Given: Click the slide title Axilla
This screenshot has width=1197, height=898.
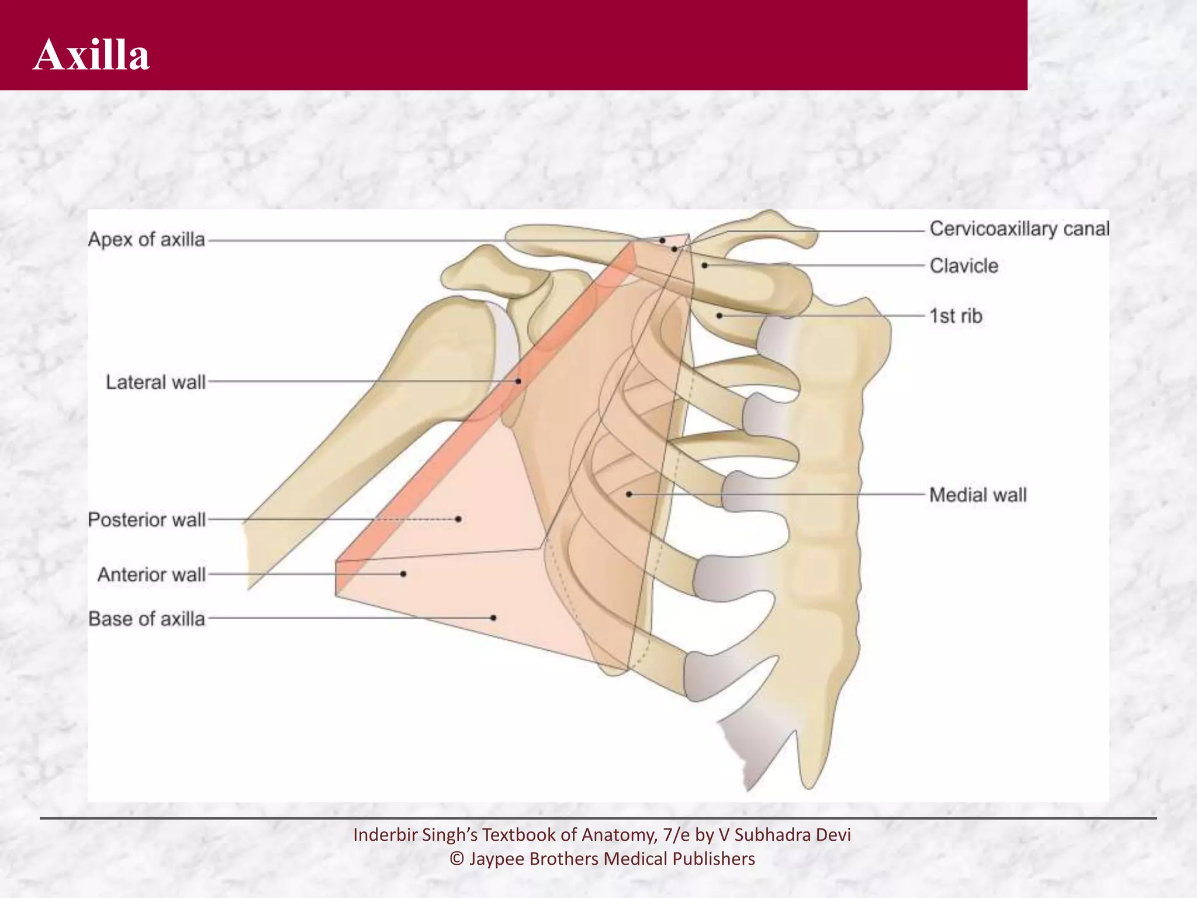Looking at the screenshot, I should pyautogui.click(x=92, y=55).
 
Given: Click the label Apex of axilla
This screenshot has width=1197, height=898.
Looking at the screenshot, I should pyautogui.click(x=146, y=240).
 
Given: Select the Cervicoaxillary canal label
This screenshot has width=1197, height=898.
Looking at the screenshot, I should pyautogui.click(x=1019, y=229).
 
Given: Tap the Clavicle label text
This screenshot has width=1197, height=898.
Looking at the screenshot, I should pyautogui.click(x=964, y=266).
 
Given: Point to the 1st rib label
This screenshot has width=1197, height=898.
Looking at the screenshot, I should pyautogui.click(x=956, y=316).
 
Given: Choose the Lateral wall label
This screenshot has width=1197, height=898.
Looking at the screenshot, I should pyautogui.click(x=155, y=382).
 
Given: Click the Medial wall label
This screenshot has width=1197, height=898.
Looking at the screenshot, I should pyautogui.click(x=978, y=495).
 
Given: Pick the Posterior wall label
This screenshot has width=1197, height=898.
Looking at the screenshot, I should pyautogui.click(x=147, y=520).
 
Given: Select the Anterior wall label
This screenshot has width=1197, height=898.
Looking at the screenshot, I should pyautogui.click(x=151, y=575).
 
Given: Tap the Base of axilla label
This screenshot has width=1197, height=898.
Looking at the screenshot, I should pyautogui.click(x=147, y=619).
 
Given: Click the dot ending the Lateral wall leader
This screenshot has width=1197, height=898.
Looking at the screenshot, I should pyautogui.click(x=518, y=381).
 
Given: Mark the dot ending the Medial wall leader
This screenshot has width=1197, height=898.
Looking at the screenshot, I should pyautogui.click(x=629, y=495).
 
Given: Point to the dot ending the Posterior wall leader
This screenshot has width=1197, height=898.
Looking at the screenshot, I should pyautogui.click(x=459, y=519).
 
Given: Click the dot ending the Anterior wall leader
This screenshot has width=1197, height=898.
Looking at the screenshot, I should pyautogui.click(x=403, y=574).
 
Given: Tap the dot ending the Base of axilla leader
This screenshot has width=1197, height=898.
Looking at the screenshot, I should pyautogui.click(x=494, y=618).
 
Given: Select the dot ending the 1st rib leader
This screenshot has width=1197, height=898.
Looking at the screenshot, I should pyautogui.click(x=720, y=316).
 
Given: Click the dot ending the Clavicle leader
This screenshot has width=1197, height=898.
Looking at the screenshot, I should pyautogui.click(x=705, y=265).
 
